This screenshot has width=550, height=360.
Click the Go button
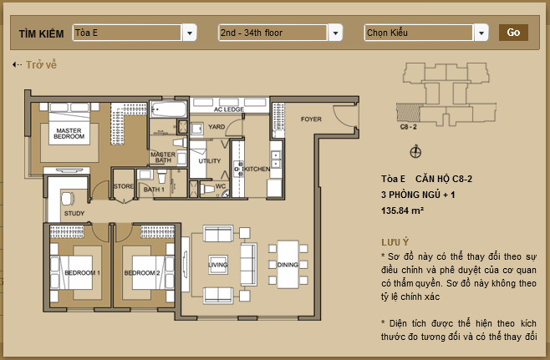click(513, 33)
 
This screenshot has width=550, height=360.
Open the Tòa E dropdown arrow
click(190, 33)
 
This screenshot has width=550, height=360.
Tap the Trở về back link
click(34, 65)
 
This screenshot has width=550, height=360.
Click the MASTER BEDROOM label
click(69, 134)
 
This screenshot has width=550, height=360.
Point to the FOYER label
click(311, 119)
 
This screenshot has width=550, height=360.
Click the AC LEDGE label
click(229, 109)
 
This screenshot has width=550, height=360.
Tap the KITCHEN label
click(257, 169)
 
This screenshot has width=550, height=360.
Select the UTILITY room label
click(210, 161)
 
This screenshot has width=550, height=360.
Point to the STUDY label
click(74, 213)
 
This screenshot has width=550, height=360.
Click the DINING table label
click(288, 265)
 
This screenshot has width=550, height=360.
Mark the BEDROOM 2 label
click(142, 273)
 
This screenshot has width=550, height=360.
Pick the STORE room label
click(124, 186)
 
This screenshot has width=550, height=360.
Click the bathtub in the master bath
click(169, 109)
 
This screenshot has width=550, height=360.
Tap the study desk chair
click(68, 199)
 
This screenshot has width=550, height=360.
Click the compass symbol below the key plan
click(415, 152)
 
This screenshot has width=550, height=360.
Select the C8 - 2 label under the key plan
click(408, 127)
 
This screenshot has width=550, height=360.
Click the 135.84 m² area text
click(402, 210)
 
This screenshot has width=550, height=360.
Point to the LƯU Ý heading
click(395, 242)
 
